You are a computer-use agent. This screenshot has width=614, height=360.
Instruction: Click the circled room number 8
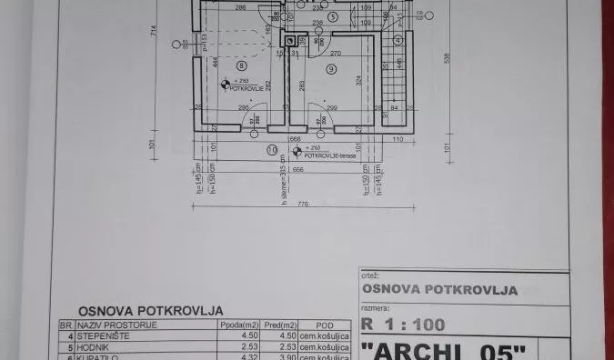click(241, 65)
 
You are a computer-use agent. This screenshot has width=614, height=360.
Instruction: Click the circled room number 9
click(331, 68)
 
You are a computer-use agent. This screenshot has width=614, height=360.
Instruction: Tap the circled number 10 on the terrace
click(272, 149)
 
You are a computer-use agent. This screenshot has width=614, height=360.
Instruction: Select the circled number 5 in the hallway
click(333, 16)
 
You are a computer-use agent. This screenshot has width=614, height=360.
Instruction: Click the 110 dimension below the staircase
click(397, 140)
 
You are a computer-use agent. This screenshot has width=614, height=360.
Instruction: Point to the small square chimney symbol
click(290, 41)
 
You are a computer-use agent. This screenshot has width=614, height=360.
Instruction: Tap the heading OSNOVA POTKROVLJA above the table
click(150, 310)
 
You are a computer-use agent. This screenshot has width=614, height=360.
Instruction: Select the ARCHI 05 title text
click(443, 350)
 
